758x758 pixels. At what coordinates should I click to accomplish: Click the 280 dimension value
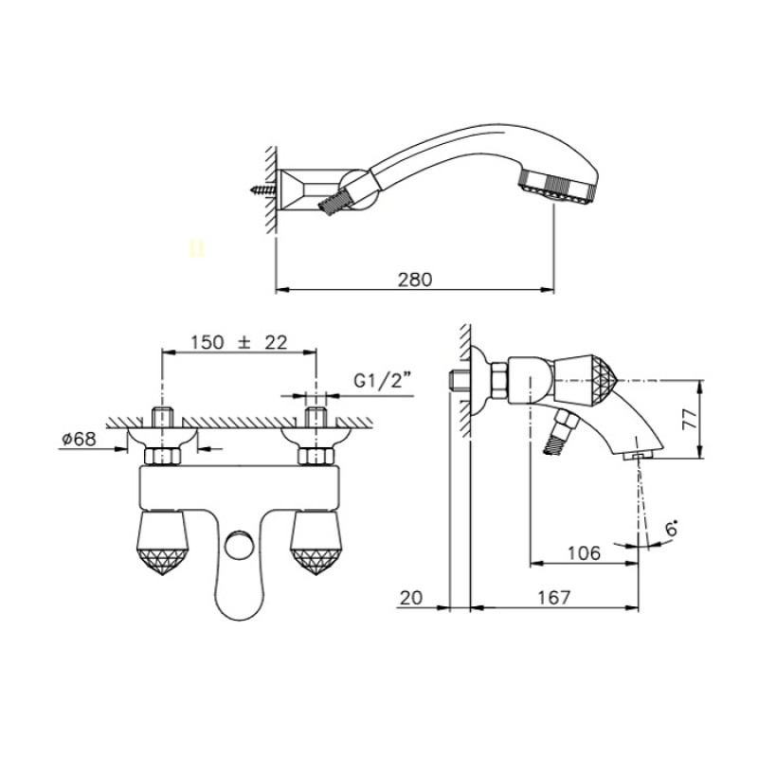[x=415, y=280]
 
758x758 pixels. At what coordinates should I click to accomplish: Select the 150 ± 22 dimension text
[x=240, y=342]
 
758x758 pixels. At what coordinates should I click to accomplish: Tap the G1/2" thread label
[x=383, y=382]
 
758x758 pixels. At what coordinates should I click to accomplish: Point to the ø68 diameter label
[x=80, y=439]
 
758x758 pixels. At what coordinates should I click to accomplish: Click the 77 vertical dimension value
[x=691, y=419]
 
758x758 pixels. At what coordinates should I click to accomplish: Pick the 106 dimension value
[x=584, y=553]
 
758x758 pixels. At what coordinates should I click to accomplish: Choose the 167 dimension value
[x=554, y=598]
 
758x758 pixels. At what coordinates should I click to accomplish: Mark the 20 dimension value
[x=411, y=598]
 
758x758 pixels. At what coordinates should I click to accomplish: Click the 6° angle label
[x=672, y=530]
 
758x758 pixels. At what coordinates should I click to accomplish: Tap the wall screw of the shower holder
[x=263, y=189]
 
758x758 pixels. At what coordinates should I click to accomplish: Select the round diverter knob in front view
[x=238, y=545]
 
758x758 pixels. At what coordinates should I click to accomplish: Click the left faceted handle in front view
[x=162, y=543]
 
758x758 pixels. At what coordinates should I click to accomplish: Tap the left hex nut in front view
[x=162, y=456]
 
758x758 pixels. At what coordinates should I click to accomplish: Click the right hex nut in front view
[x=316, y=456]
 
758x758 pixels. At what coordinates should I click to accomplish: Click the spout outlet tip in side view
[x=637, y=456]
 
